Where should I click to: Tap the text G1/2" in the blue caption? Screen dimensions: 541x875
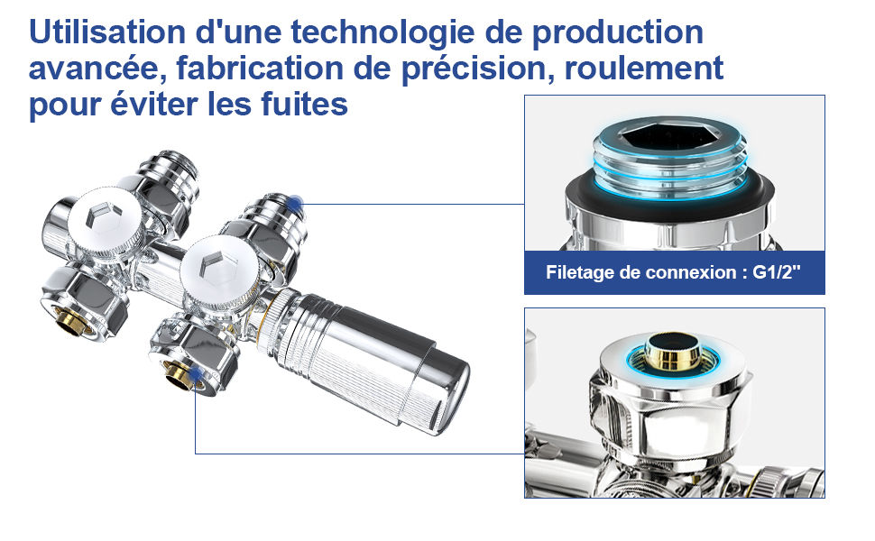click(x=777, y=271)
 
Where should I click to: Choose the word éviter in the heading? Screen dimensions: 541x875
click(x=144, y=105)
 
